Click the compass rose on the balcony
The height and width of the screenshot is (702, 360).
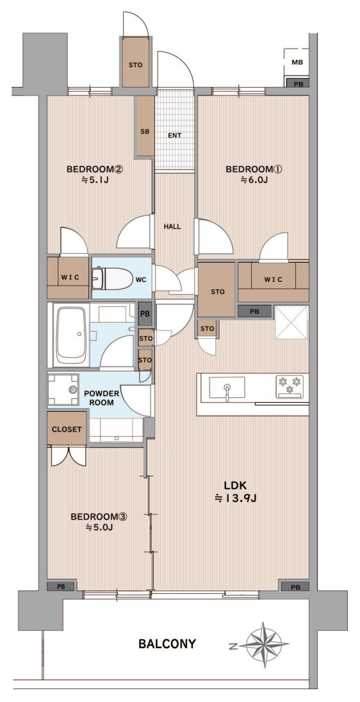[263, 645]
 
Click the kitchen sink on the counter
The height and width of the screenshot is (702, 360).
[227, 387]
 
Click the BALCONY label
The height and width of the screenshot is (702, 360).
[167, 644]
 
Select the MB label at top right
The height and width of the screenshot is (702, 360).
[297, 62]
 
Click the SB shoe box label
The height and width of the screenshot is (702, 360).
[145, 132]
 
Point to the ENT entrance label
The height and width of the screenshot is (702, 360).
[175, 135]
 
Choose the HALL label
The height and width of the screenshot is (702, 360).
[172, 227]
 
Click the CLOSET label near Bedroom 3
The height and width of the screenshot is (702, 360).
[67, 429]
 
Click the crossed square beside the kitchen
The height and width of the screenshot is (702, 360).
[291, 322]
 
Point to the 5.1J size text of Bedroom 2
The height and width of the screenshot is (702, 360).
[94, 180]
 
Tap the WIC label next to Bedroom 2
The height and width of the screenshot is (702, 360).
[69, 277]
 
